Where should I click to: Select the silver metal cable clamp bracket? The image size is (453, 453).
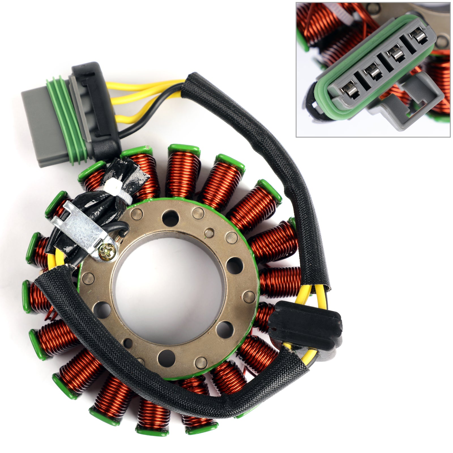82,226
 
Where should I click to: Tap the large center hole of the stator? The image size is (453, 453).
170,286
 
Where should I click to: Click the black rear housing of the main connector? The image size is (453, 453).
96,110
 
